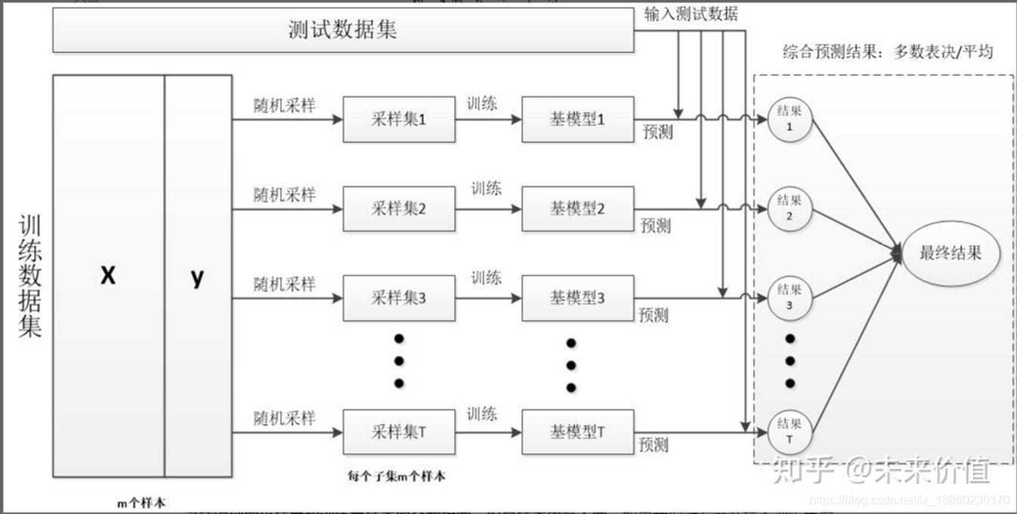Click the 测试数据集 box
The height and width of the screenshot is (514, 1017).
coord(343,31)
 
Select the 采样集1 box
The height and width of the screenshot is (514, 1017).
coord(399,119)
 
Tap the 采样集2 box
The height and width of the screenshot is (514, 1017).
coord(399,208)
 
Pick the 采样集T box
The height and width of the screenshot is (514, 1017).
coord(399,432)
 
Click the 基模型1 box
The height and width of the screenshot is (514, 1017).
coord(577,119)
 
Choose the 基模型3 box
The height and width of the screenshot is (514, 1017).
coord(577,297)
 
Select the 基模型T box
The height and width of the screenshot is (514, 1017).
coord(577,432)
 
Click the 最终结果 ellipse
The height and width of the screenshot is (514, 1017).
coord(950,254)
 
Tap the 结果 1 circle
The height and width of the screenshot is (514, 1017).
coord(789,120)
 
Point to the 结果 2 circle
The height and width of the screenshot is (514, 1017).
coord(789,209)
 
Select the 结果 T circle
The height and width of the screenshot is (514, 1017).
coord(789,432)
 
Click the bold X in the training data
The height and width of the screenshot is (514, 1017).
coord(108,276)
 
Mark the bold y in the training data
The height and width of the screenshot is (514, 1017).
coord(197,277)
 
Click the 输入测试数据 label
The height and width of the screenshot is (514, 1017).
coord(691,13)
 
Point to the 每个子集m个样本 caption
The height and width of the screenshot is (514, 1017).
coord(397,476)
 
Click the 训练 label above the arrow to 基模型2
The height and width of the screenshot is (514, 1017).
coord(487,187)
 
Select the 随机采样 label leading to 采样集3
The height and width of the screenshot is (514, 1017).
coord(285,284)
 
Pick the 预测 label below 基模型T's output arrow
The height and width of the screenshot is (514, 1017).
coord(654,444)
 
